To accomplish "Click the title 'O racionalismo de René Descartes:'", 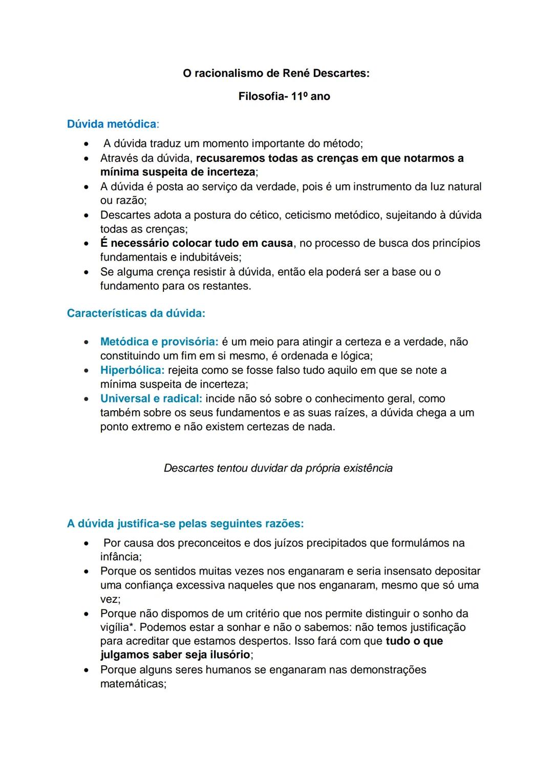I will click(x=276, y=73).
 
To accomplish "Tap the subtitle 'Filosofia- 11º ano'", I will click(x=284, y=96).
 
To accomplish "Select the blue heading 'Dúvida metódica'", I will click(x=112, y=124).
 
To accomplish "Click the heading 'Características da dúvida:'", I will click(x=136, y=313).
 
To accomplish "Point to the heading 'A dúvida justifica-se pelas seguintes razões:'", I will click(x=185, y=523).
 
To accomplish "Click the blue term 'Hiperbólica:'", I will click(x=132, y=370).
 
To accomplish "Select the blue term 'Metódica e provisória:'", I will click(x=159, y=342).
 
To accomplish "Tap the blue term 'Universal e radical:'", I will click(x=151, y=398).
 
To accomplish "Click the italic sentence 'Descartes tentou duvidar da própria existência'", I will click(x=278, y=468).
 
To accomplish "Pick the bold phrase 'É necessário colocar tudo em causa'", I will click(x=197, y=243).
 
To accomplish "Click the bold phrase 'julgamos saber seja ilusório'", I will click(x=175, y=655).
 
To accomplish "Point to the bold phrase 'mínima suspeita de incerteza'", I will click(x=177, y=172).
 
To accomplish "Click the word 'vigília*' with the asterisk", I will click(x=117, y=627).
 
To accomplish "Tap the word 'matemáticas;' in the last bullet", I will click(x=133, y=684).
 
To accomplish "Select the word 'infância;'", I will click(x=121, y=557).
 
